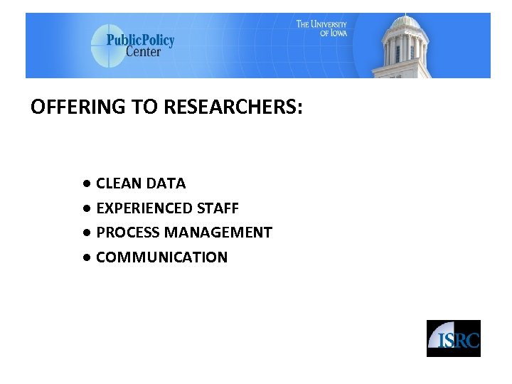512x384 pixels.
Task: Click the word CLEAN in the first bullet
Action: pyautogui.click(x=119, y=183)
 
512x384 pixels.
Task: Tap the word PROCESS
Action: pyautogui.click(x=128, y=233)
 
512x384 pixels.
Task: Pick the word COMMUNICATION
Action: pyautogui.click(x=161, y=257)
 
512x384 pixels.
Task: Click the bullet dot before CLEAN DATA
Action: pyautogui.click(x=86, y=183)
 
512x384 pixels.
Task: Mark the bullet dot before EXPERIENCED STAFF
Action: pyautogui.click(x=86, y=208)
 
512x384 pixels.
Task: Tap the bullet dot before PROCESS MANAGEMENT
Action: pyautogui.click(x=86, y=233)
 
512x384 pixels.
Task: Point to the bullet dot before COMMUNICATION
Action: pyautogui.click(x=86, y=257)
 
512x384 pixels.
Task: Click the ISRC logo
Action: pyautogui.click(x=453, y=338)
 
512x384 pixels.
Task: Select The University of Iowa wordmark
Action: pyautogui.click(x=321, y=28)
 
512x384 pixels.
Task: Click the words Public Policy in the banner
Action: pyautogui.click(x=140, y=40)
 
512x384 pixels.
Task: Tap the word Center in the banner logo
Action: pyautogui.click(x=144, y=52)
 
